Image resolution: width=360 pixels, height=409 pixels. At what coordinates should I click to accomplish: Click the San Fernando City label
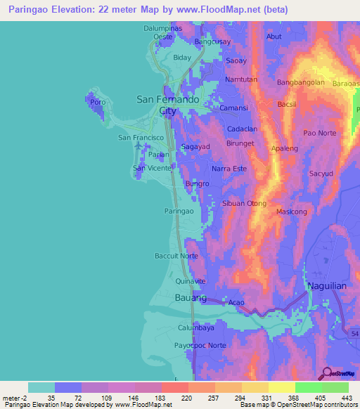pos(167,105)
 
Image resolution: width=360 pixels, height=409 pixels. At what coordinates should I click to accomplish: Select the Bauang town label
pos(190,298)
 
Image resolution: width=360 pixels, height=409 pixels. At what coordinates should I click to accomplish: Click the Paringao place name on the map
pos(179,211)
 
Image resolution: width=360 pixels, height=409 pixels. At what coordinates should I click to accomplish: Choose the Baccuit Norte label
pos(176,256)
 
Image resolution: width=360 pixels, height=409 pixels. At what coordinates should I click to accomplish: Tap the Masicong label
pos(292,212)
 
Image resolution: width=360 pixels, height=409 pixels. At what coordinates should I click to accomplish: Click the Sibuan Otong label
pos(244,204)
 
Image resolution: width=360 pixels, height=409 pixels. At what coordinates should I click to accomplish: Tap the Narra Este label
pos(229,169)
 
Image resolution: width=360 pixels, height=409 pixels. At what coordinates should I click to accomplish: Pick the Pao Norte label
pos(319,133)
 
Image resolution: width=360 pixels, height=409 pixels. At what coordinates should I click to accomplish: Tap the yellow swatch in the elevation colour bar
pos(281,387)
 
